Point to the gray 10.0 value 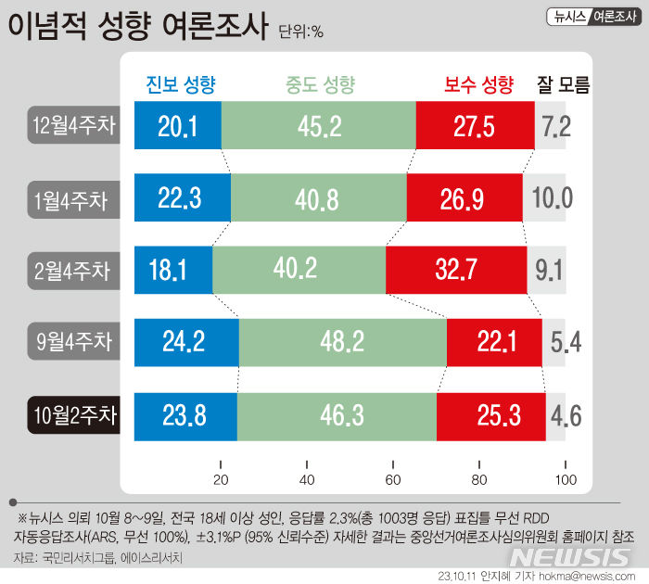click(x=553, y=197)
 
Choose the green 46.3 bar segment click(x=337, y=415)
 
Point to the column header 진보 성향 click(x=182, y=85)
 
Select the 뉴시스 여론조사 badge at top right click(x=593, y=15)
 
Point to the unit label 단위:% click(x=300, y=32)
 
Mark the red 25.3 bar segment click(x=490, y=415)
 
